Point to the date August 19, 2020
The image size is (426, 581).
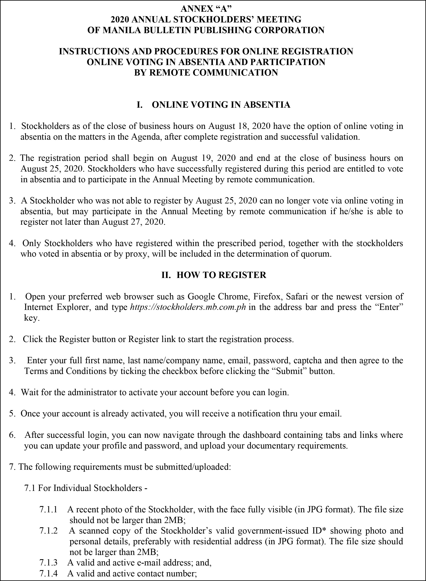[x=198, y=158]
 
